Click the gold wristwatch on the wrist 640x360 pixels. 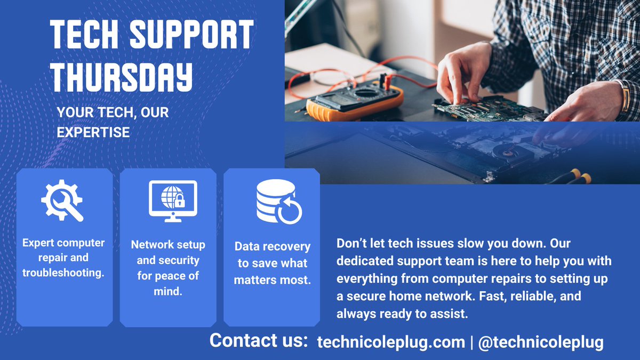coord(625,97)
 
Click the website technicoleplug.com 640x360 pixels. coord(391,342)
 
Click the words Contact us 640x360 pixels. coord(259,341)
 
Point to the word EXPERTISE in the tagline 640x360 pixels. coord(93,132)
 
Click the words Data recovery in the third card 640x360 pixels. coord(272,247)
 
